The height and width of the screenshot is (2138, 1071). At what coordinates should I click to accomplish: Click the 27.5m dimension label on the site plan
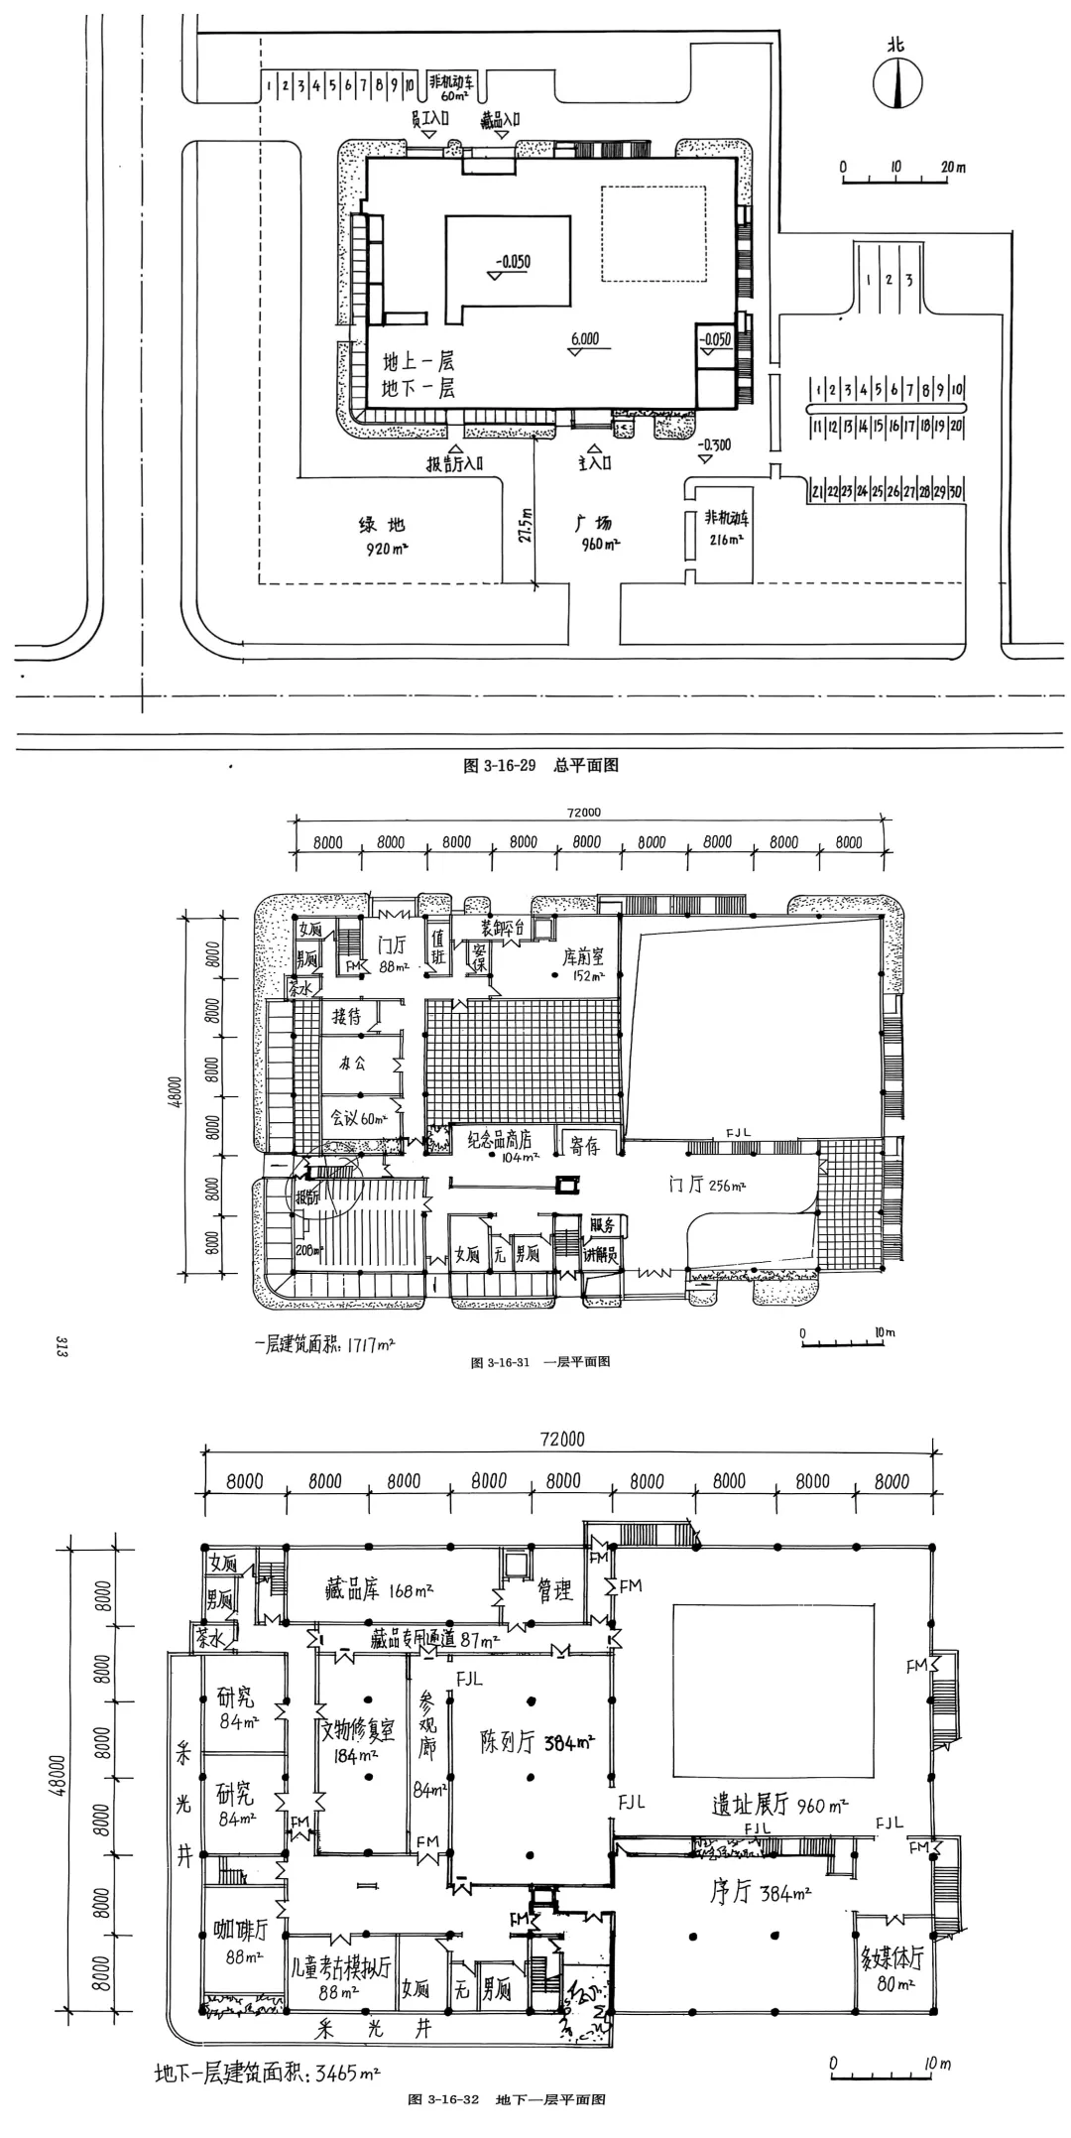526,522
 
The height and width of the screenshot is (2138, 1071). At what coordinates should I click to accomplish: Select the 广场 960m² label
596,533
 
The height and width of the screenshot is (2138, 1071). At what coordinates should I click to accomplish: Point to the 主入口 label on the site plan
594,462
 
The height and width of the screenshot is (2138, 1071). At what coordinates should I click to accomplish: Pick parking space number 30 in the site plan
956,491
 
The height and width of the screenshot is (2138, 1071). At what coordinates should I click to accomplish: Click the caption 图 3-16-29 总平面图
540,765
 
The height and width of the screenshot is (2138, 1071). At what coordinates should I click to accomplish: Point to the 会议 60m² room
357,1118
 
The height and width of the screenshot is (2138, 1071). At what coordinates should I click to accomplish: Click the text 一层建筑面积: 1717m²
324,1345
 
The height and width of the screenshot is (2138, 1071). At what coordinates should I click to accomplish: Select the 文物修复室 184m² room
358,1731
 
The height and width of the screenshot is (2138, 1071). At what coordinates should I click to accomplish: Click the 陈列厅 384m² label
535,1743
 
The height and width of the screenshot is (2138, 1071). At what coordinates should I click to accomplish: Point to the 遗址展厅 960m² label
778,1805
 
